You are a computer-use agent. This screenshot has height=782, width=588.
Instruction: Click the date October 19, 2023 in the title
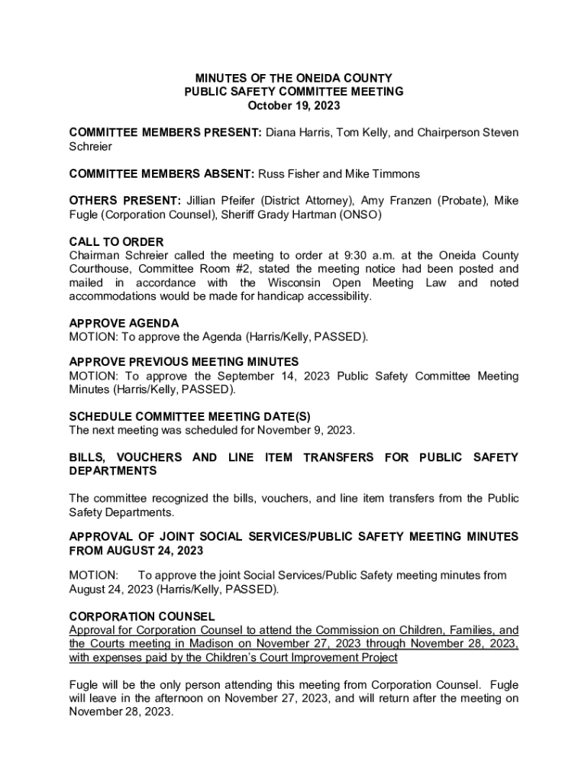pyautogui.click(x=294, y=105)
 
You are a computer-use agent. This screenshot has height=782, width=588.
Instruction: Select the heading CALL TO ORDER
pyautogui.click(x=116, y=242)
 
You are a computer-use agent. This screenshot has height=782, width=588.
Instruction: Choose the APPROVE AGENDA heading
pyautogui.click(x=124, y=323)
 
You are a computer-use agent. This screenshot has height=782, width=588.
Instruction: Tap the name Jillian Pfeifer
pyautogui.click(x=221, y=201)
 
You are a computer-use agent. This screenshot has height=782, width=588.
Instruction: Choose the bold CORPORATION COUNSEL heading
pyautogui.click(x=142, y=616)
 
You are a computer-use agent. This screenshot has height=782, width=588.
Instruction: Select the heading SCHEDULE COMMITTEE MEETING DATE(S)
pyautogui.click(x=190, y=416)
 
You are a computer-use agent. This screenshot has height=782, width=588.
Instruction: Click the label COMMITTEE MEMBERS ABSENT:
pyautogui.click(x=162, y=173)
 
